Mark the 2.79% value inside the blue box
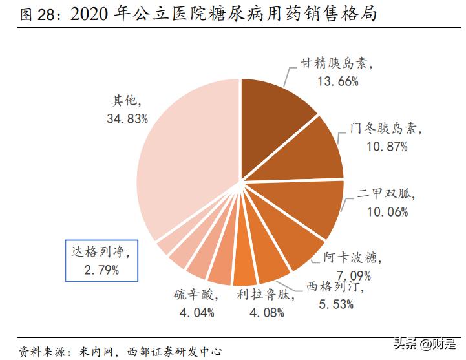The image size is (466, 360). [x=101, y=270]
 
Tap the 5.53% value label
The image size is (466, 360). [x=335, y=304]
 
